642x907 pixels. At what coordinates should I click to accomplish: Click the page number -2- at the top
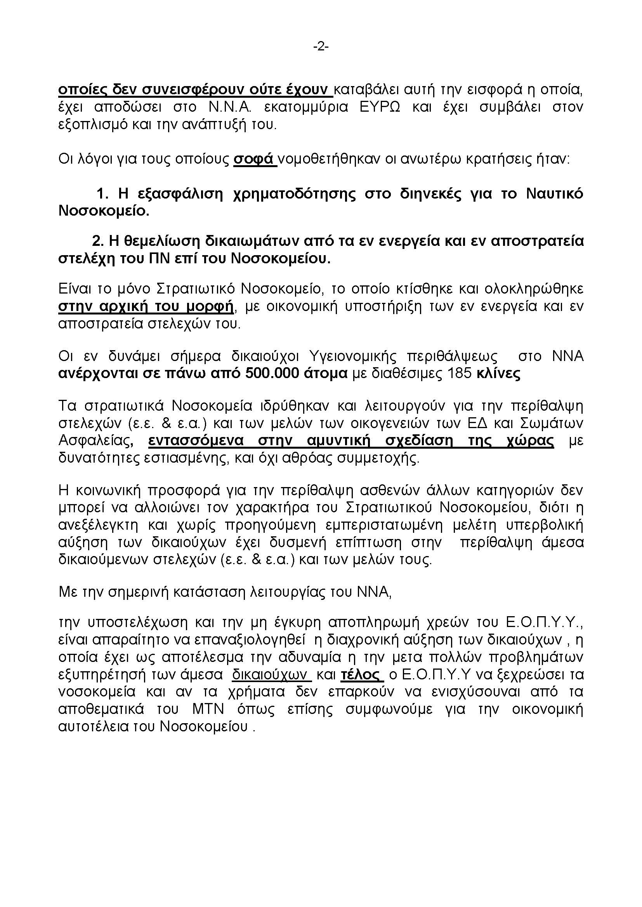pos(321,47)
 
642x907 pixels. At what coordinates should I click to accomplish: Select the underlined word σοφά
pos(254,159)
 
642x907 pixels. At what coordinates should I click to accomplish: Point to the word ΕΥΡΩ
pos(380,107)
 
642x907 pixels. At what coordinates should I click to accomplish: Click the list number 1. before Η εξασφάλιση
pos(102,194)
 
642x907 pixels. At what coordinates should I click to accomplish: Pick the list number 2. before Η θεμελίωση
pos(98,241)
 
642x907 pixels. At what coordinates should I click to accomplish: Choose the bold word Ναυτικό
pos(555,194)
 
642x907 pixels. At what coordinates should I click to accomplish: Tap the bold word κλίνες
pos(498,373)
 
